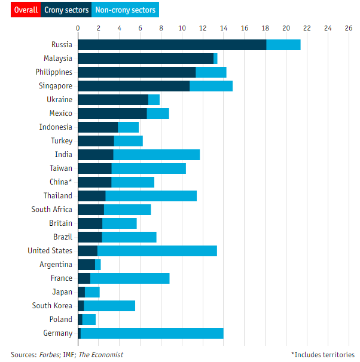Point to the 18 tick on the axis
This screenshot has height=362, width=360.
coord(265,28)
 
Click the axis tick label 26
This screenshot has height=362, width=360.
coord(349,28)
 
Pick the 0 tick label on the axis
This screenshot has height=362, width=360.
coord(78,28)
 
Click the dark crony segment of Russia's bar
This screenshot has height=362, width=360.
coord(172,45)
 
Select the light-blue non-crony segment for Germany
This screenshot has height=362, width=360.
coord(152,333)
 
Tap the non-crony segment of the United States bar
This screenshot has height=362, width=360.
coord(157,251)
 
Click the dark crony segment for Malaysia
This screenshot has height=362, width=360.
coord(145,59)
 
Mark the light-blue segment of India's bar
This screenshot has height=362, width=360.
coord(156,155)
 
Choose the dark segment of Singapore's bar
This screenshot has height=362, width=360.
coord(133,86)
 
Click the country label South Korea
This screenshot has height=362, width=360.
coord(52,306)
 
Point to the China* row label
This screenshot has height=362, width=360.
coord(60,182)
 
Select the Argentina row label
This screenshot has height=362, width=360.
coord(56,265)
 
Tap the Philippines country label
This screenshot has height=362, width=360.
coord(53,72)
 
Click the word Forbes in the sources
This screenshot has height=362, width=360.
coord(50,355)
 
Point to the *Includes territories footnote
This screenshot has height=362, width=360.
coord(322,355)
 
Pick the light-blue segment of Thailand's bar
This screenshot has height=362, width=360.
coord(151,196)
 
